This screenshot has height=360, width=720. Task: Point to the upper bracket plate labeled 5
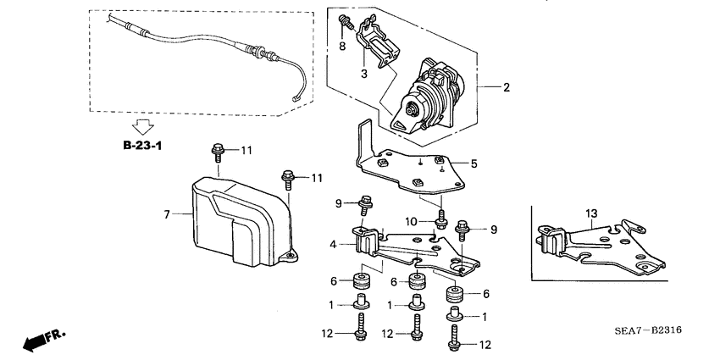pyautogui.click(x=407, y=166)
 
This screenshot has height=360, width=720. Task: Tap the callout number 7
pyautogui.click(x=167, y=215)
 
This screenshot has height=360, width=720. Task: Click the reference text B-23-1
pyautogui.click(x=142, y=147)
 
